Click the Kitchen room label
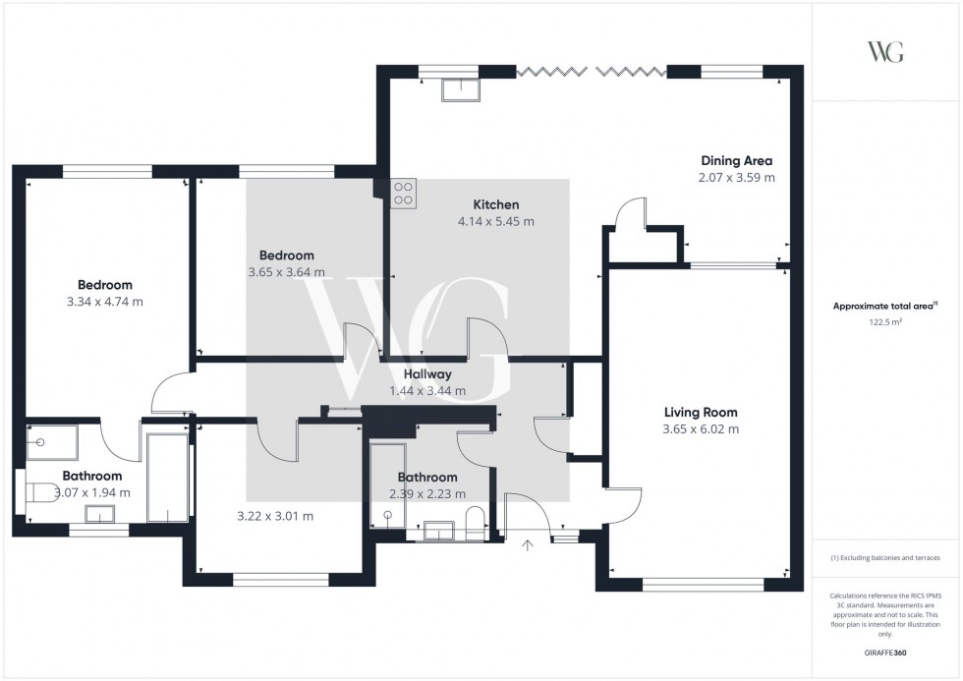click(495, 204)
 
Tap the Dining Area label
click(736, 160)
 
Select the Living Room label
click(700, 413)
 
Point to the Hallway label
click(426, 374)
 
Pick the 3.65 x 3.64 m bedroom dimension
click(286, 272)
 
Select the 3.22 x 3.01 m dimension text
click(275, 516)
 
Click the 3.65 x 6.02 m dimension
click(700, 429)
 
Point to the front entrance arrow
click(528, 543)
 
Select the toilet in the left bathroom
click(38, 492)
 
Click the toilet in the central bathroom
click(474, 520)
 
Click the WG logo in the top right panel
click(885, 52)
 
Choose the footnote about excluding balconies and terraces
click(885, 558)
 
